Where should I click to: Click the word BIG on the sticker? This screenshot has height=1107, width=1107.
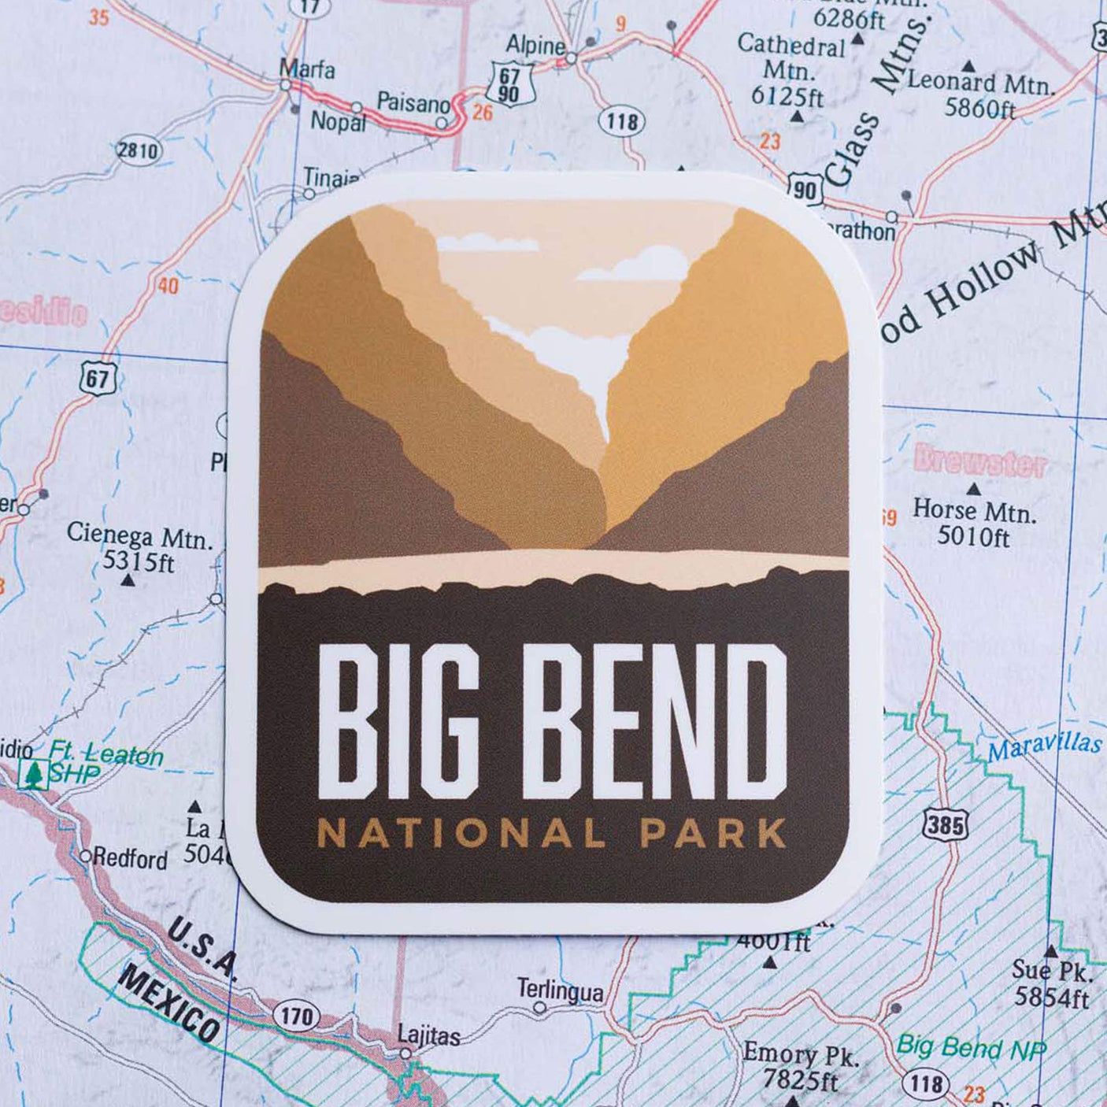[x=398, y=720]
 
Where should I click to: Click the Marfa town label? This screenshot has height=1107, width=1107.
[x=307, y=69]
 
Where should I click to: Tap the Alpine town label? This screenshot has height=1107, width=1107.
[x=535, y=45]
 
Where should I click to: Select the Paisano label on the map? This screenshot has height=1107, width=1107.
[x=413, y=102]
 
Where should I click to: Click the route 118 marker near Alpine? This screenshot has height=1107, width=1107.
[x=622, y=122]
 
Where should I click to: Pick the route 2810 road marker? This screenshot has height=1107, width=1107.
[x=138, y=150]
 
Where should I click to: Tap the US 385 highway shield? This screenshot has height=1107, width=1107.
[x=944, y=824]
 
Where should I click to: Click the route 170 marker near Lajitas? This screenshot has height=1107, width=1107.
[x=297, y=1016]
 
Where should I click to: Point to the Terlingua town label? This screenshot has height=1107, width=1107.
[x=560, y=990]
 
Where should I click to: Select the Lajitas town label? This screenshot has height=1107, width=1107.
[x=428, y=1035]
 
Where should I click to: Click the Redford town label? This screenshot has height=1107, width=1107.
[x=130, y=858]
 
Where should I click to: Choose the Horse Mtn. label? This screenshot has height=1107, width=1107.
[x=974, y=511]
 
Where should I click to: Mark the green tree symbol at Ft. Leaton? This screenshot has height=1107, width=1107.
[x=32, y=774]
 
